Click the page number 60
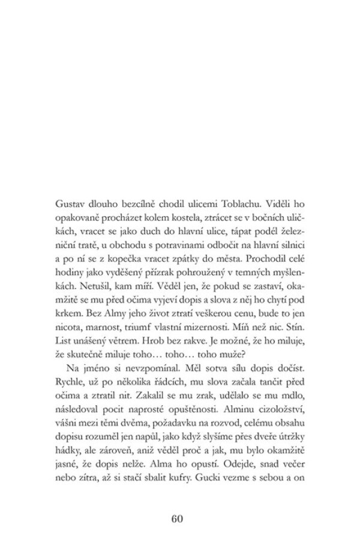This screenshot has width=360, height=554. [180, 519]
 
